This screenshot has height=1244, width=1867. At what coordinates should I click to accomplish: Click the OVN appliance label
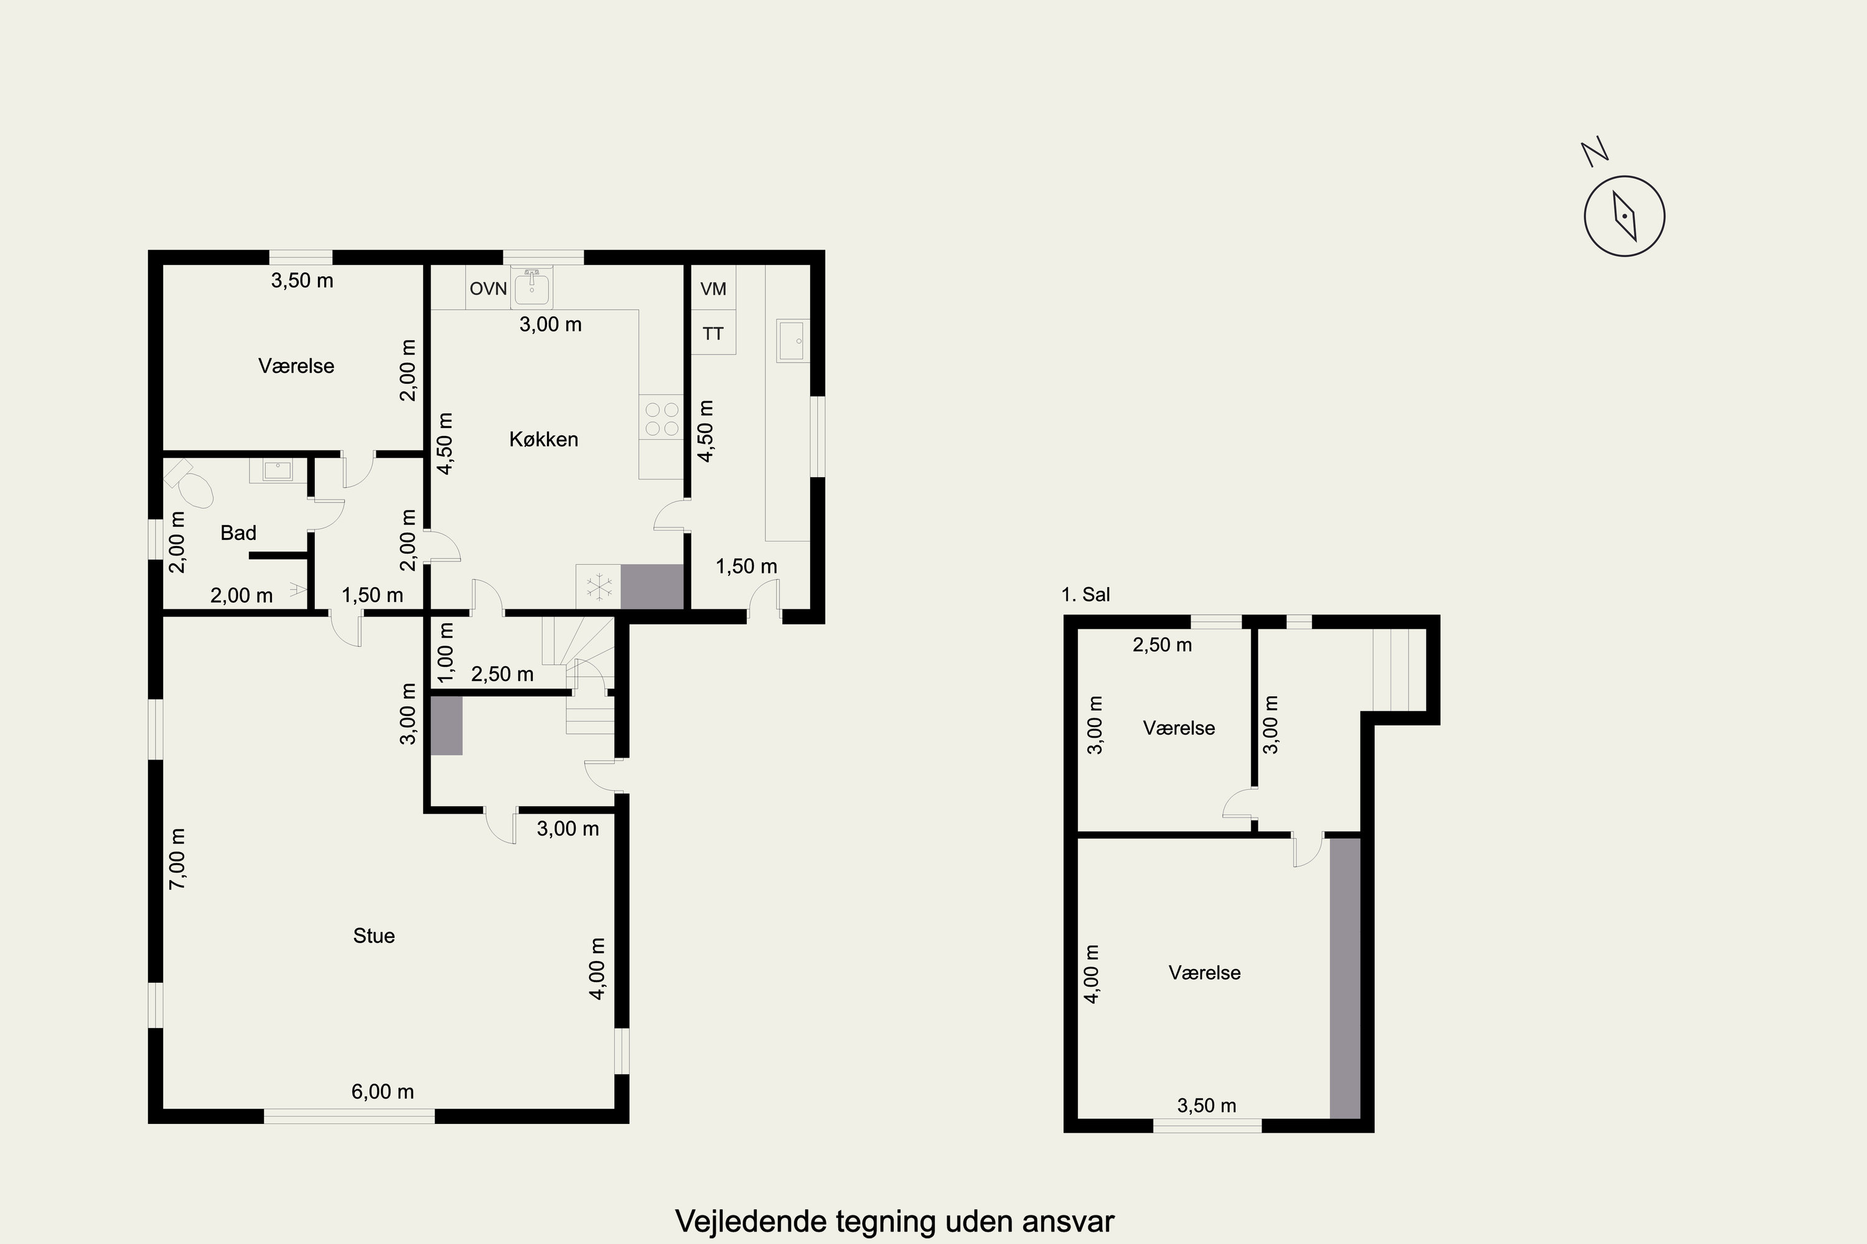(x=488, y=289)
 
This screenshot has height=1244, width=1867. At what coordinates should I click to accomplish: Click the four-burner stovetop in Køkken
(x=661, y=419)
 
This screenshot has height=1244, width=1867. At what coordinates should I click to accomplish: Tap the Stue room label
(x=374, y=936)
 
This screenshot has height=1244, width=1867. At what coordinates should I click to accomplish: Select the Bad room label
(x=238, y=533)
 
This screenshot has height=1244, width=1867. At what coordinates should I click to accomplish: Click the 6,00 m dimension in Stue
(x=383, y=1092)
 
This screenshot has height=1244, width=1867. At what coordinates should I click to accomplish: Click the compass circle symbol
(x=1624, y=216)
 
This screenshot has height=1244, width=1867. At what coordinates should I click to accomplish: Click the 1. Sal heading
(x=1086, y=594)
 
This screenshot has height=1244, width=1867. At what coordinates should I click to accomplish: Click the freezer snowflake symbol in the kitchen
(x=599, y=587)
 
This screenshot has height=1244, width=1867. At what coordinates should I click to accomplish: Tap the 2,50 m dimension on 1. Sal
(x=1162, y=645)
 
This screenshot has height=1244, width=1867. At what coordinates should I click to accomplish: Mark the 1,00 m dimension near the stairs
(x=446, y=651)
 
